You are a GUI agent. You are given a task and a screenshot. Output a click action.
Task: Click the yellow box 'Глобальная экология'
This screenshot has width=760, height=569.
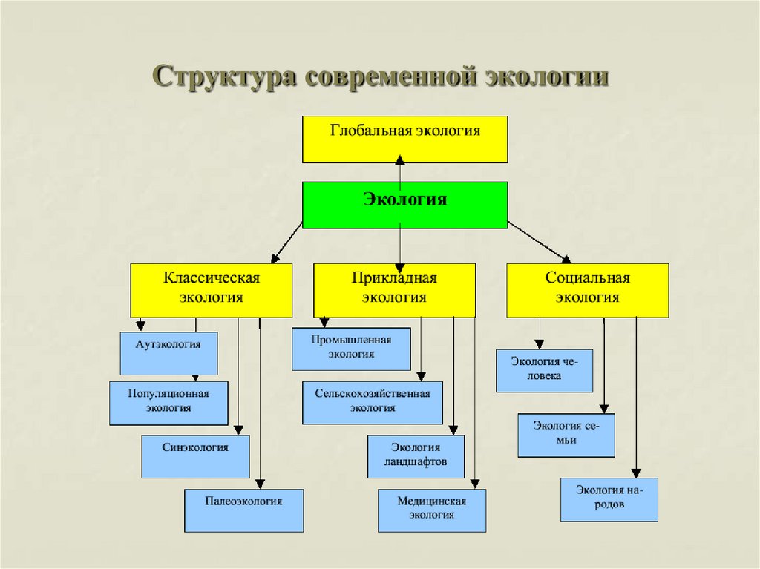[x=404, y=139]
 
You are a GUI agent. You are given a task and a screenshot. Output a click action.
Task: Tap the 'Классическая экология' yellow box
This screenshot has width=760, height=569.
[x=212, y=290]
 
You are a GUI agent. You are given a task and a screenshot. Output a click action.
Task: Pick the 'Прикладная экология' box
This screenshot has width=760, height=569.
[x=394, y=290]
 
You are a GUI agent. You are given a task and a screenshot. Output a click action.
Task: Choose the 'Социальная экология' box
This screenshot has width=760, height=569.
[x=587, y=290]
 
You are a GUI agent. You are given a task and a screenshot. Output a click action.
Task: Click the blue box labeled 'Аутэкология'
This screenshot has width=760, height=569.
[x=168, y=353]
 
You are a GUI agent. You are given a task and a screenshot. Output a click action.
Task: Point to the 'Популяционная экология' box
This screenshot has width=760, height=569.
[x=168, y=403]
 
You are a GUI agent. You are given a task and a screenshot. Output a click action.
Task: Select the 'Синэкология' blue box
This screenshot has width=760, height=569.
[x=195, y=456]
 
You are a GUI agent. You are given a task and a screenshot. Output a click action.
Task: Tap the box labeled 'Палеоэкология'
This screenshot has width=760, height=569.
[x=243, y=510]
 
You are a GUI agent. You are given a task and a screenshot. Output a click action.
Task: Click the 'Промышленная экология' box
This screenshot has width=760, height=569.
[x=351, y=349]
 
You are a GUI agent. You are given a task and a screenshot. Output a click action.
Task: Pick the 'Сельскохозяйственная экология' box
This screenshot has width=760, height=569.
[x=372, y=403]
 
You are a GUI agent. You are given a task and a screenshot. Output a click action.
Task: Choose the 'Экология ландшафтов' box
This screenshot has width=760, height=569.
[x=416, y=456]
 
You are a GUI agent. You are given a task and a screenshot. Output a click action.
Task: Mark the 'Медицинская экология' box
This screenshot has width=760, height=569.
[x=431, y=510]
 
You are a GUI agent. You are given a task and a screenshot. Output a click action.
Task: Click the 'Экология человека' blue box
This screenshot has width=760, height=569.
[x=544, y=370]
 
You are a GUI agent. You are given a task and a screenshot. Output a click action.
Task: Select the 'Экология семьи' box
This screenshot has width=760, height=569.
[x=566, y=435]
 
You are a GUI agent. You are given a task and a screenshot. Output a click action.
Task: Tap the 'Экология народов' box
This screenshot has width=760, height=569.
[x=609, y=499]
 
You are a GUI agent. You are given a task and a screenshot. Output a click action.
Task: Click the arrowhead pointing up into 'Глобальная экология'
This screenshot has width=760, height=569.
[x=400, y=159]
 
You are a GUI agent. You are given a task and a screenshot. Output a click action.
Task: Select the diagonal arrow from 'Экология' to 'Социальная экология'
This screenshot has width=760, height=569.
[x=540, y=241]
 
